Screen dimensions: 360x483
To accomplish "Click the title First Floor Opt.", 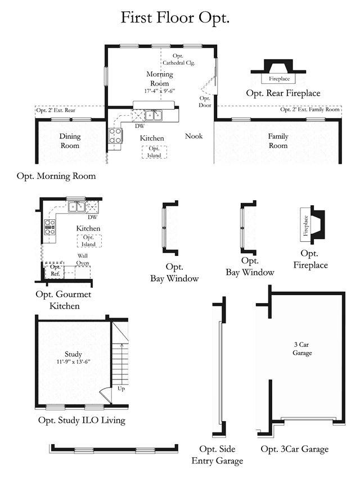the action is point(175,18).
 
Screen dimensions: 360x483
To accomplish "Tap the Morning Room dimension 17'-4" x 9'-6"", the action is point(160,91).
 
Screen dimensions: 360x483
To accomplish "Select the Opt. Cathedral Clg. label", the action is point(178,59).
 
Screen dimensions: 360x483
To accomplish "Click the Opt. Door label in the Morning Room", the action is point(205,102).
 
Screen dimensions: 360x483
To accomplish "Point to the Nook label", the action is point(193,136).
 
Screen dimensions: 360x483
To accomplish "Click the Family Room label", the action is point(278,141).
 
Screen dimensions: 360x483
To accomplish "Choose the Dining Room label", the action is point(70,141).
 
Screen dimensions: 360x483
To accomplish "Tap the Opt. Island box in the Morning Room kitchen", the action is point(154,152).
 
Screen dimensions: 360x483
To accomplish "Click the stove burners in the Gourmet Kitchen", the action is point(49,227).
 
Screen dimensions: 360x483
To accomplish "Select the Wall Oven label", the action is point(83,259).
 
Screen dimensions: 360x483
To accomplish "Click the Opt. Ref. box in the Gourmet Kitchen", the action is point(55,270).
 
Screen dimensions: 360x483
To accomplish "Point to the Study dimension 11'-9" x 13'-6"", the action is point(73,362).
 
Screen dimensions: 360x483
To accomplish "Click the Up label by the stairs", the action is point(121,389).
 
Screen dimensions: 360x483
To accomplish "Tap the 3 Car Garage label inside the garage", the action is point(301,349).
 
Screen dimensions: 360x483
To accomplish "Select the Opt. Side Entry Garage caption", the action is point(217,455).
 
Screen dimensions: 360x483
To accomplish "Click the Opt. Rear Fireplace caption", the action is point(283,93).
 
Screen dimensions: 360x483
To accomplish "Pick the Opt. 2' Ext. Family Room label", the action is point(310,109).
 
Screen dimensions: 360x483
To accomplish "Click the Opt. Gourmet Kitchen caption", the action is point(64,300).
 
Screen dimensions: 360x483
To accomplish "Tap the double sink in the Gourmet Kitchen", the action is point(76,207).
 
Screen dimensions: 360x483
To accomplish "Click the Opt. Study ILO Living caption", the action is point(82,421).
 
